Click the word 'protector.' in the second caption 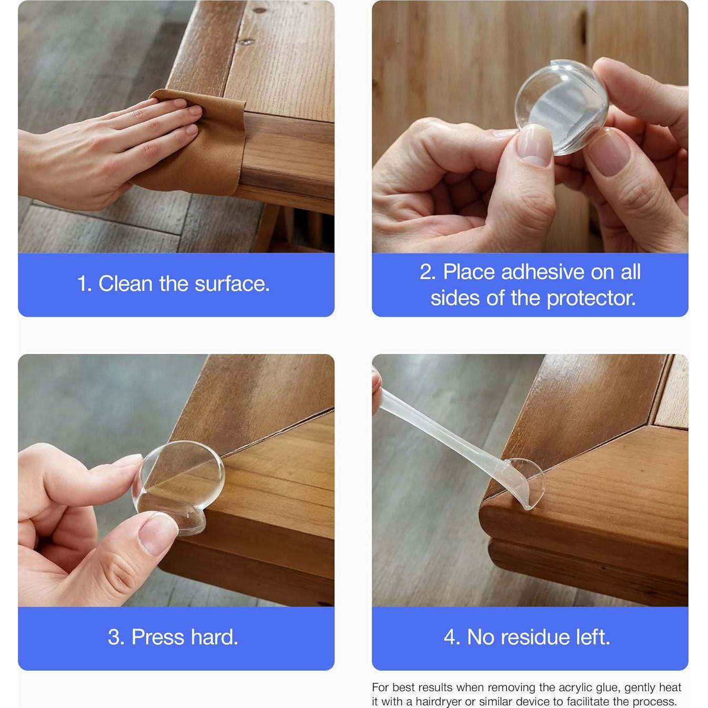pos(591,298)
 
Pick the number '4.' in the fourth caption pos(452,638)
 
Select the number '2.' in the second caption pos(428,272)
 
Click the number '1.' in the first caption pos(85,284)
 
